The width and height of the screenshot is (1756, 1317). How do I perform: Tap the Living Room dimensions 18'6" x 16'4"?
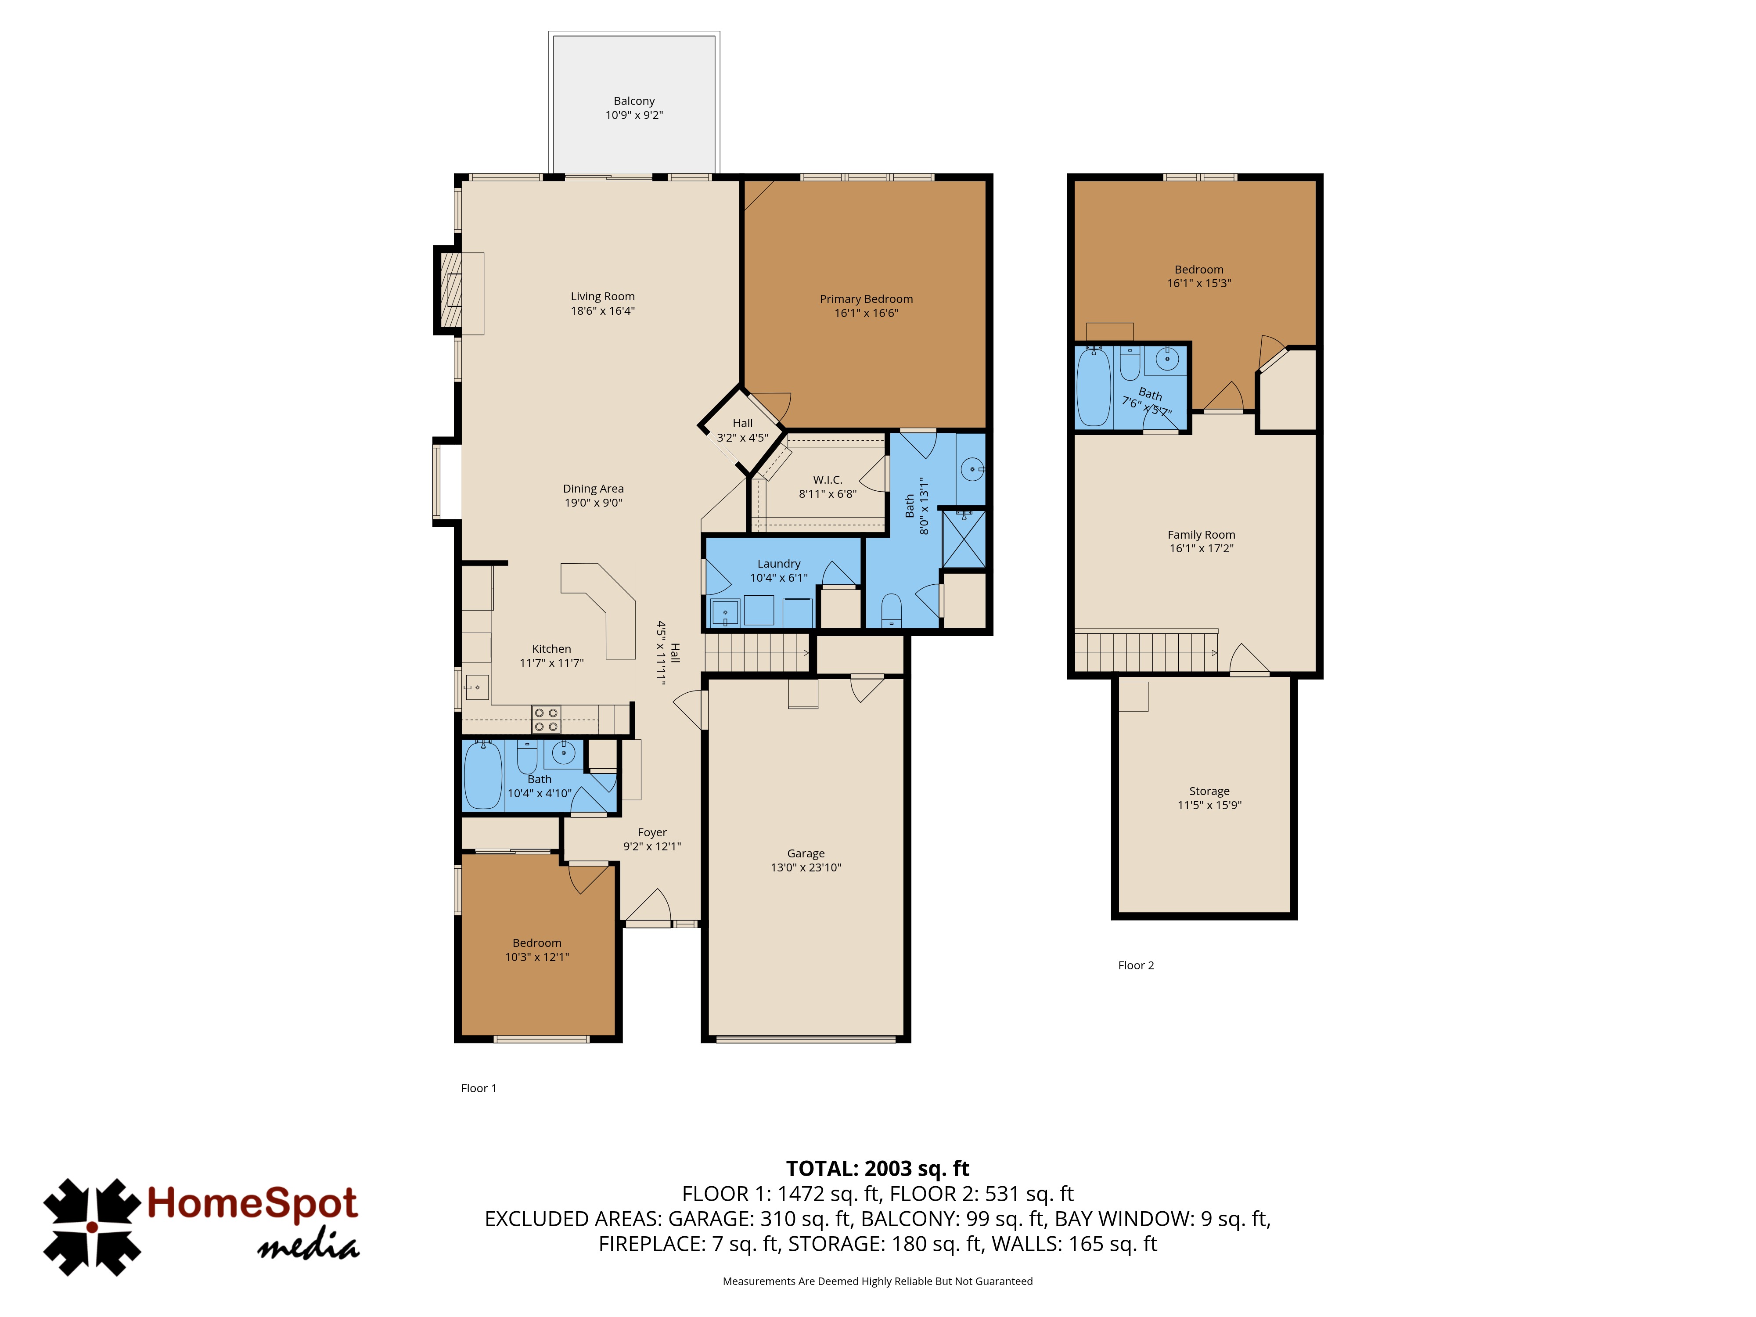[x=603, y=310]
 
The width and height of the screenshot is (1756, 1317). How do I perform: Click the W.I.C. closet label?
[x=827, y=479]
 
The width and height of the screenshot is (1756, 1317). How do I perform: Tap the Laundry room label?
[x=779, y=564]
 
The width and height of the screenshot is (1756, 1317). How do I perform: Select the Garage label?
[x=806, y=853]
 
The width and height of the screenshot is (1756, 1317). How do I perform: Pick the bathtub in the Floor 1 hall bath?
[x=482, y=775]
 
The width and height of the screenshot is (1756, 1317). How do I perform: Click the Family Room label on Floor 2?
[x=1201, y=534]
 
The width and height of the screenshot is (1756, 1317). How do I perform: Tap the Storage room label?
[x=1209, y=791]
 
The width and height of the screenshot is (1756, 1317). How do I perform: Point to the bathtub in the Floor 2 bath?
[x=1094, y=387]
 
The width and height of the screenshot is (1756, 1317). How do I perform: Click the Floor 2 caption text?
[x=1136, y=965]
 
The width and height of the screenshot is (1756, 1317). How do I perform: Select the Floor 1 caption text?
[x=479, y=1088]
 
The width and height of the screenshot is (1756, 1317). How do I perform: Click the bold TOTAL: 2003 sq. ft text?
[x=877, y=1169]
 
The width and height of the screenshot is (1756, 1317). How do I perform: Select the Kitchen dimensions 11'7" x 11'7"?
[x=552, y=663]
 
